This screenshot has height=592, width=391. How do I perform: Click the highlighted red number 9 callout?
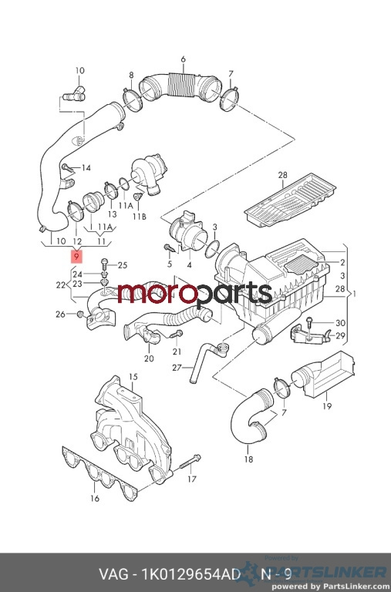tap(76, 257)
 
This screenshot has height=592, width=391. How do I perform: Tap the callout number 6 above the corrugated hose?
tap(184, 59)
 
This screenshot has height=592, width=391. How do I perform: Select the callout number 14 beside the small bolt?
tap(86, 167)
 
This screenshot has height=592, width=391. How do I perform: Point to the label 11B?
tap(139, 217)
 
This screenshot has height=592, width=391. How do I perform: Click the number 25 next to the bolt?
tap(123, 265)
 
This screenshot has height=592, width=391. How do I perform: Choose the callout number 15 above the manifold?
tap(133, 377)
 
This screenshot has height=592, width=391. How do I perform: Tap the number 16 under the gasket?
tap(95, 499)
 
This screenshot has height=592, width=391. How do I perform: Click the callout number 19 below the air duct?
tap(327, 406)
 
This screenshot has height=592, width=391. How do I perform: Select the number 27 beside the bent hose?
tap(177, 368)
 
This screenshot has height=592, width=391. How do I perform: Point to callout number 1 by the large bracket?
tap(353, 294)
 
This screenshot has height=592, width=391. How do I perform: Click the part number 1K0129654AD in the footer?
tap(190, 574)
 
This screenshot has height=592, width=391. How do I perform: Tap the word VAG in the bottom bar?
tap(113, 574)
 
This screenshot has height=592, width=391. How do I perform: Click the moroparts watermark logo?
tap(195, 293)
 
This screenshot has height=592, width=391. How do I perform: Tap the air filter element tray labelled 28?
tap(290, 200)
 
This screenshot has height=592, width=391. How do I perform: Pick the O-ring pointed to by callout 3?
tap(212, 250)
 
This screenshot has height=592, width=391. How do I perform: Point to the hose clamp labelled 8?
tap(132, 99)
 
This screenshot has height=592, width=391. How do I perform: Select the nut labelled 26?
tap(80, 314)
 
